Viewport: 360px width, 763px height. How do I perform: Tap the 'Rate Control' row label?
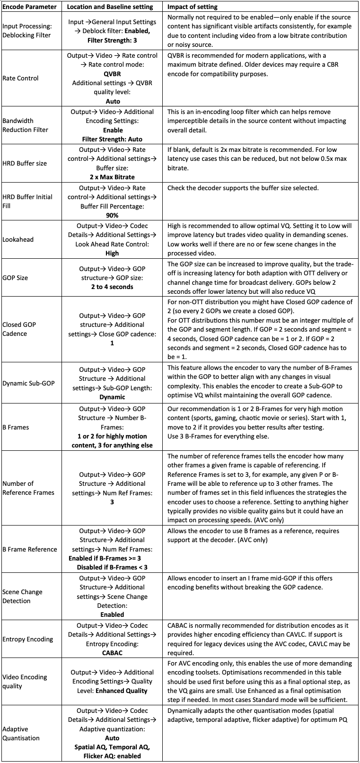tap(20, 78)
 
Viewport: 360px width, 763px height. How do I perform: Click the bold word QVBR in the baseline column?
tap(112, 74)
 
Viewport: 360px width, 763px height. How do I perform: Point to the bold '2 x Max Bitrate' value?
tap(112, 177)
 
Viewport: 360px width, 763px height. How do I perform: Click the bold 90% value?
tap(112, 215)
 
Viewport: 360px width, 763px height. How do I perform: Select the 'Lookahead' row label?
tap(18, 239)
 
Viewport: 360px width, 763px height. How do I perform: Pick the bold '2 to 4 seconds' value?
tap(112, 287)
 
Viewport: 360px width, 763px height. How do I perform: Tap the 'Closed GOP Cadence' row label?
tap(19, 329)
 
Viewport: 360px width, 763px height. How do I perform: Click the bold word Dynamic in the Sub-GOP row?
tap(112, 397)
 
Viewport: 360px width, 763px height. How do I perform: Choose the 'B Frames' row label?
tap(16, 427)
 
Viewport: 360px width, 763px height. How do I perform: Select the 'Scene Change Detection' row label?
tap(22, 596)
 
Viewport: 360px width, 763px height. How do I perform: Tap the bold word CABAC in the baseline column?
tap(112, 653)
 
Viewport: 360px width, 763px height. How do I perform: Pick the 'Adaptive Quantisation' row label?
tap(21, 733)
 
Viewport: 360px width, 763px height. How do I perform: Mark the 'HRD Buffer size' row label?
tap(25, 163)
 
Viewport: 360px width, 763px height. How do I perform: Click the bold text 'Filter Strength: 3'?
tap(112, 40)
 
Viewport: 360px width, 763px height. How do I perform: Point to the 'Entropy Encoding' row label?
tap(27, 639)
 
